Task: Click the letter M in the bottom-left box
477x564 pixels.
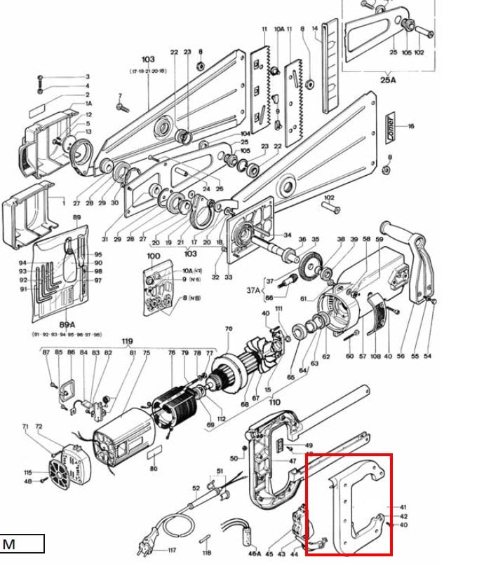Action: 9,544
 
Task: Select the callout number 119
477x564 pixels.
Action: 126,341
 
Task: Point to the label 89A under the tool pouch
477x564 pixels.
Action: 67,324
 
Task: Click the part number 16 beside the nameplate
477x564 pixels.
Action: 411,126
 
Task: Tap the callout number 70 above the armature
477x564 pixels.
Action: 228,329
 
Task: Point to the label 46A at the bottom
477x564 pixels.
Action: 255,553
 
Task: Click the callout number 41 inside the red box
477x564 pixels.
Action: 403,507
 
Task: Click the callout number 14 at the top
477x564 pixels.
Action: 315,29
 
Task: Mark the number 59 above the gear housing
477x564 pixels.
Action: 379,239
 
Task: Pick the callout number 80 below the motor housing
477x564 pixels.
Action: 154,469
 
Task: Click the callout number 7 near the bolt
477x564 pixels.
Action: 119,96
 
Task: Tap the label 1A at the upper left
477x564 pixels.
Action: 88,103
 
